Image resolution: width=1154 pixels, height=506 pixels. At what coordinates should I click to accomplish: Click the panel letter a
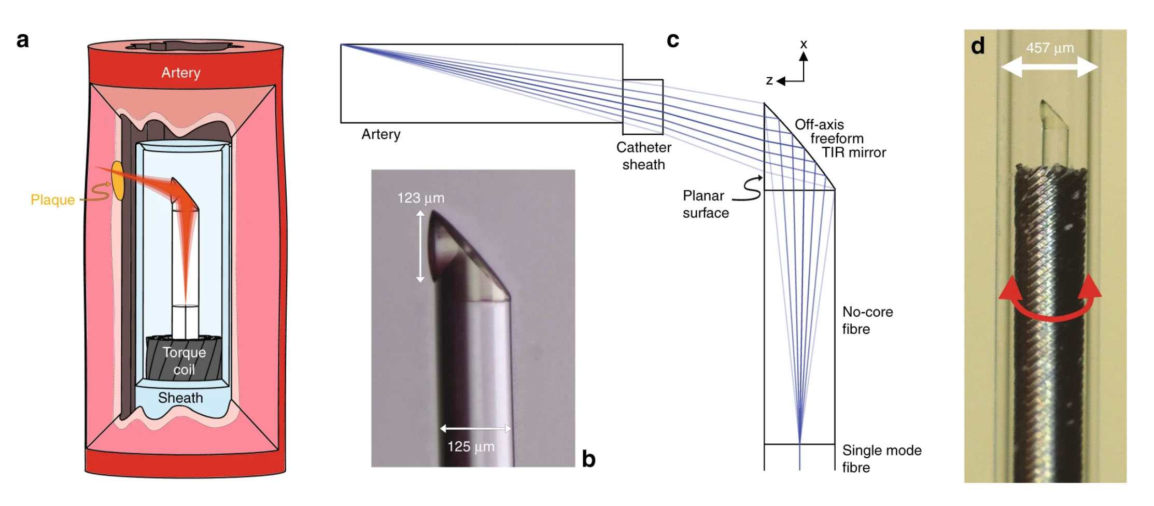point(22,40)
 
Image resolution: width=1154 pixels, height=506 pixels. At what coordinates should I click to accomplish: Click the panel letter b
point(588,459)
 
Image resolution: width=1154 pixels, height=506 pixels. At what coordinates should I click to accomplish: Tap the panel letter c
point(672,40)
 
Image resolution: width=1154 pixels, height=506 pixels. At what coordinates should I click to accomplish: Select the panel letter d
point(978,47)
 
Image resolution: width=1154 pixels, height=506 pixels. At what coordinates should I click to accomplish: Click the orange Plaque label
point(52,200)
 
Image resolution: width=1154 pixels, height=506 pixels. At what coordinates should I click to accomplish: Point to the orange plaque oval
point(117,180)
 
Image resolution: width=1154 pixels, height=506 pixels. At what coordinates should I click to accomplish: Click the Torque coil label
point(184,361)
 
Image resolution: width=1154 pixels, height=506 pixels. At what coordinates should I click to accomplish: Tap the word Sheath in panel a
point(180,398)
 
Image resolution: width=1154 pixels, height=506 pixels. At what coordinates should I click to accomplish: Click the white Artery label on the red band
point(180,73)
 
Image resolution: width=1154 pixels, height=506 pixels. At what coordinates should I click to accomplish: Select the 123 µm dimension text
point(420,198)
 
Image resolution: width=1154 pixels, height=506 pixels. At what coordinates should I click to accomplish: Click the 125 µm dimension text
point(471,446)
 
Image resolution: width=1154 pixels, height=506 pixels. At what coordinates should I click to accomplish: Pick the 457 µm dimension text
point(1050,48)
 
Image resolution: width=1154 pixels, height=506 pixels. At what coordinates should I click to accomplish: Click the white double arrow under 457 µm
point(1049,67)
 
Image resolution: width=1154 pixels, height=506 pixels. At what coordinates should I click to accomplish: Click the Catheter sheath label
point(643,156)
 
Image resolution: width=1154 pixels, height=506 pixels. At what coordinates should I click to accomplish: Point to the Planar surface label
point(705,204)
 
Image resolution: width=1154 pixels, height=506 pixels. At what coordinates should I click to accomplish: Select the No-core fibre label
point(867,320)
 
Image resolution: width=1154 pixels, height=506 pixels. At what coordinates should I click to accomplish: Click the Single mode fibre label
point(881,458)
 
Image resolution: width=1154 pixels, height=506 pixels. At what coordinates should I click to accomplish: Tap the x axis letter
point(804,45)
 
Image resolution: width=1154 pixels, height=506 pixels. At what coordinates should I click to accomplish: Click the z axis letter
point(769,80)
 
